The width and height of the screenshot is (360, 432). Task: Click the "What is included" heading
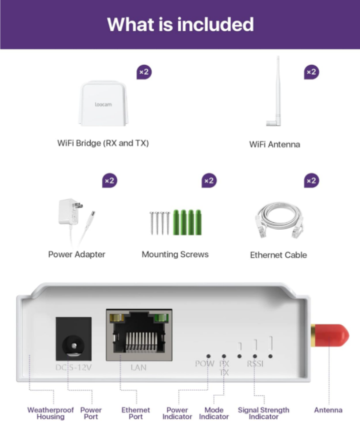[180, 24]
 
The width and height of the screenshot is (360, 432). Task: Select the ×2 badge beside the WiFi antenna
[311, 72]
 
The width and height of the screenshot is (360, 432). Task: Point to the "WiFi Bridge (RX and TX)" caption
[103, 143]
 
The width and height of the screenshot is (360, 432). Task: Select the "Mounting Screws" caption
[175, 255]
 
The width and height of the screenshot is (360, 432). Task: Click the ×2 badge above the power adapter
[109, 180]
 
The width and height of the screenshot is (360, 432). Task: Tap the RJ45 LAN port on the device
[140, 337]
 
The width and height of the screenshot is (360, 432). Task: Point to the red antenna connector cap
[330, 337]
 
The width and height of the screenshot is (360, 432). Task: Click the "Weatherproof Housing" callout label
[50, 414]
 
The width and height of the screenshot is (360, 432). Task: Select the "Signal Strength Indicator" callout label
[263, 414]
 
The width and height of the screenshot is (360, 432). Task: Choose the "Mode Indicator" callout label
[214, 414]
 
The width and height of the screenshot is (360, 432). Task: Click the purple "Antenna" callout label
[328, 410]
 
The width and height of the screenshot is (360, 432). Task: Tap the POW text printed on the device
[204, 364]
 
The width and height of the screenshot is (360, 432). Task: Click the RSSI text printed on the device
[255, 364]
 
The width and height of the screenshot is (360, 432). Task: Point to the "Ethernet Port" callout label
[136, 414]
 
